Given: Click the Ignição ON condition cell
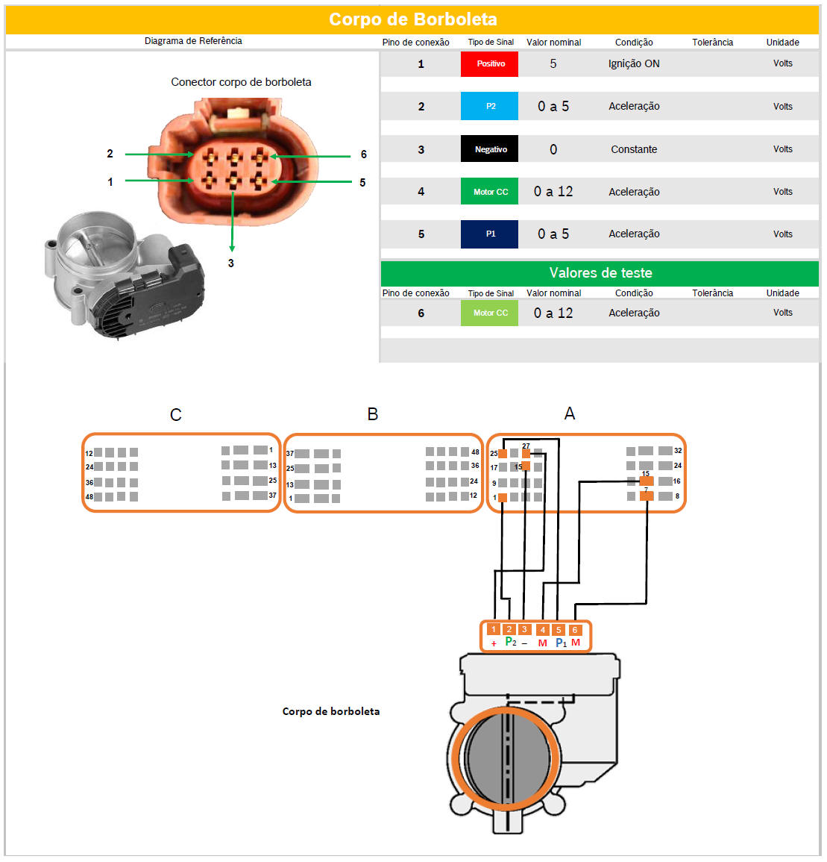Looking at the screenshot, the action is (634, 63).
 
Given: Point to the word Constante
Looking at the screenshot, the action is (634, 149).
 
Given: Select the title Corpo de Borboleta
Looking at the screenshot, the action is (413, 19).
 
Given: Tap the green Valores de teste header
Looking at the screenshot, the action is (600, 272).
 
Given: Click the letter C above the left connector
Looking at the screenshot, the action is (176, 414).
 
